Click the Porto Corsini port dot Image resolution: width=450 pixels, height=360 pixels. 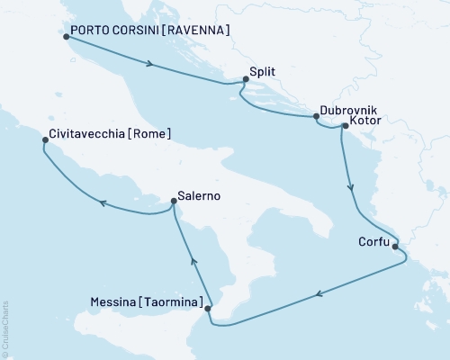(67, 37)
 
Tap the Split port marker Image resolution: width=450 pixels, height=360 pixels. (245, 80)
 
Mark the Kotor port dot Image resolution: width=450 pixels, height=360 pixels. (345, 127)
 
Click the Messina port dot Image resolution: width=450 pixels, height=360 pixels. (209, 309)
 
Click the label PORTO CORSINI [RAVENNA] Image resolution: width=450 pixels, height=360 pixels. (150, 31)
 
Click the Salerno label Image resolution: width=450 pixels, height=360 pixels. (200, 196)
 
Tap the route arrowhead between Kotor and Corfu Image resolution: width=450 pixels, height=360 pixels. (352, 190)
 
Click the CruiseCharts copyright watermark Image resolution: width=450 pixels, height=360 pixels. (4, 323)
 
